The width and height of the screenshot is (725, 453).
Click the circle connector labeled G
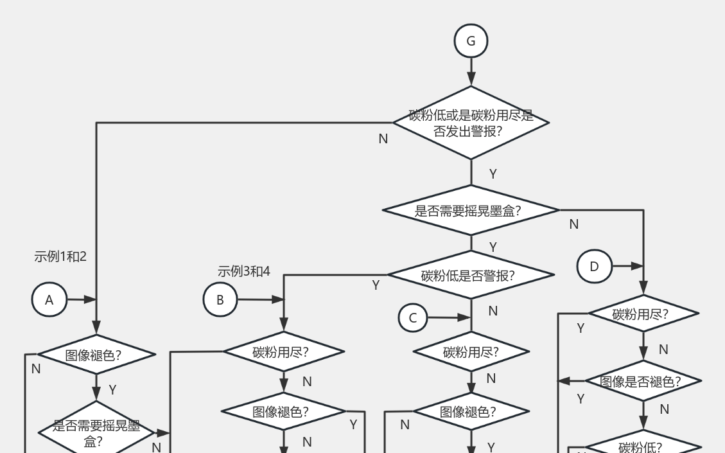pyautogui.click(x=471, y=41)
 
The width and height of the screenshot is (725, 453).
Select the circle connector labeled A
pyautogui.click(x=49, y=300)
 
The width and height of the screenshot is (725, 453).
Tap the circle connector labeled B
pyautogui.click(x=220, y=299)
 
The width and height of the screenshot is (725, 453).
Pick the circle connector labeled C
pyautogui.click(x=413, y=317)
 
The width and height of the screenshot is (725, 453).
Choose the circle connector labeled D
pyautogui.click(x=594, y=266)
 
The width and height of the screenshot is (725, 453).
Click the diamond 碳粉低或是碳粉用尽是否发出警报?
pyautogui.click(x=471, y=123)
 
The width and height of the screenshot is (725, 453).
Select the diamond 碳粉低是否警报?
pyautogui.click(x=471, y=275)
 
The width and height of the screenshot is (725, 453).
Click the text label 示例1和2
pyautogui.click(x=60, y=256)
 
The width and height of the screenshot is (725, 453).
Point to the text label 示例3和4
pyautogui.click(x=244, y=271)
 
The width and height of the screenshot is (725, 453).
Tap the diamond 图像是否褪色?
pyautogui.click(x=643, y=381)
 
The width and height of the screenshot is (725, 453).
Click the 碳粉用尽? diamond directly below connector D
pyautogui.click(x=643, y=314)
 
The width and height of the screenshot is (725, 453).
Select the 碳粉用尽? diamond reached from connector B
pyautogui.click(x=283, y=351)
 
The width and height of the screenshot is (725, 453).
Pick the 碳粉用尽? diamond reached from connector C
pyautogui.click(x=471, y=351)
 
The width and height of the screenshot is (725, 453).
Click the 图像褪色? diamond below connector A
pyautogui.click(x=96, y=354)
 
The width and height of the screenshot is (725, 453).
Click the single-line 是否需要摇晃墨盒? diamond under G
pyautogui.click(x=471, y=210)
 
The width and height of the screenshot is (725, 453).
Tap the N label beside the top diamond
pyautogui.click(x=383, y=139)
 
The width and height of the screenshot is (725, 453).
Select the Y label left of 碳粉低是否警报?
pyautogui.click(x=376, y=285)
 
